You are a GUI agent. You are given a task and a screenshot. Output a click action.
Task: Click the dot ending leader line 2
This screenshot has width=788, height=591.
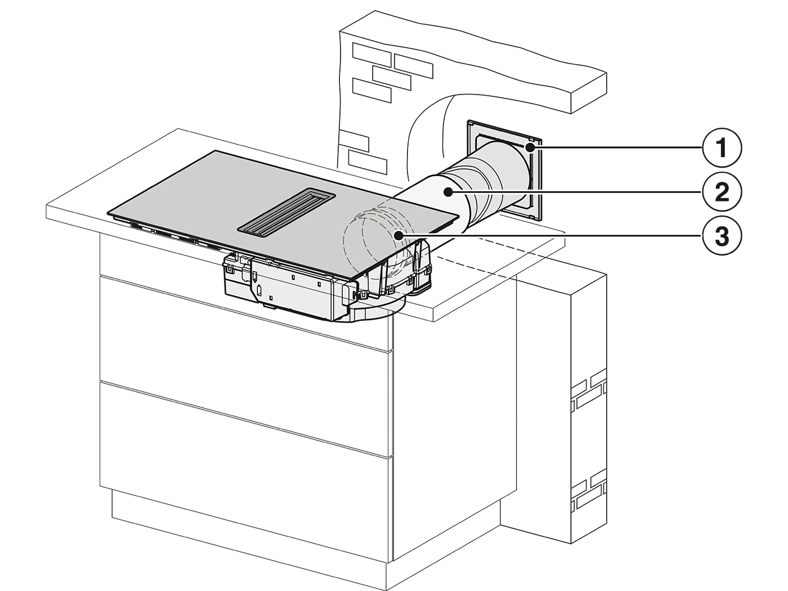pos(447,192)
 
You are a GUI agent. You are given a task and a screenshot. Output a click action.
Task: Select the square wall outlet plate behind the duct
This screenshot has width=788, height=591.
pos(504,170)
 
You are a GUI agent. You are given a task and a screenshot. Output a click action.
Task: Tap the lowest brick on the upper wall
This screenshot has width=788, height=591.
pos(368,162)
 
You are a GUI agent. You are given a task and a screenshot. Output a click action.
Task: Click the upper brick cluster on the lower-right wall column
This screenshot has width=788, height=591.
pos(588,392)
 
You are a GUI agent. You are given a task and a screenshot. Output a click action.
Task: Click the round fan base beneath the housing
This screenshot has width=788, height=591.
pos(373,308)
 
